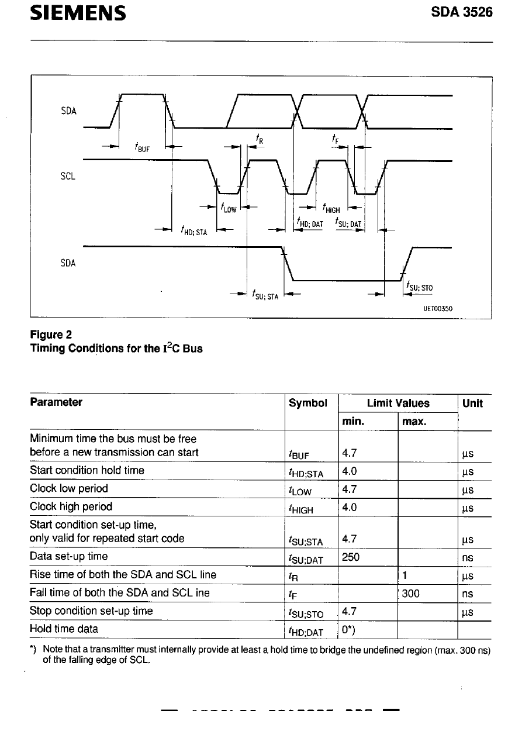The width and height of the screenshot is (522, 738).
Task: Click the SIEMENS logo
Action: [78, 13]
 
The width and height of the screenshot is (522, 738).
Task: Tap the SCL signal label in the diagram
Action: [67, 175]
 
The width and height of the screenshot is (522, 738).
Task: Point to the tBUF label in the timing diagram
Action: [142, 147]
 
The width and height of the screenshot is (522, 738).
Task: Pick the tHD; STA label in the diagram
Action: [194, 230]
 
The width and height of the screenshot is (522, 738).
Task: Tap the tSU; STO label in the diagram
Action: [419, 287]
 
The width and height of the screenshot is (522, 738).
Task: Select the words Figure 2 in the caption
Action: [51, 334]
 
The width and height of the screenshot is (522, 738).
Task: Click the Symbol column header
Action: [308, 403]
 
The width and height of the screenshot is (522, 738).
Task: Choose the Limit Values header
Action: [397, 403]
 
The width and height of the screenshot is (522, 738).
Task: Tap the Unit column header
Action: [472, 403]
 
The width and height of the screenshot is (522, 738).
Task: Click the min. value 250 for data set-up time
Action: [351, 557]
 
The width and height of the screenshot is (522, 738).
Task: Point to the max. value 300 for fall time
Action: [411, 594]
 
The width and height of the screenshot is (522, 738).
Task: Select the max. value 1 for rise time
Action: [405, 575]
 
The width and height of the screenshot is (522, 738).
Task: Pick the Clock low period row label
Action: [69, 488]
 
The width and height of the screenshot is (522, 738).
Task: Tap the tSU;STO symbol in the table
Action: [306, 612]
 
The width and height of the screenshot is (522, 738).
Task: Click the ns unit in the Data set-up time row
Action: [467, 558]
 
